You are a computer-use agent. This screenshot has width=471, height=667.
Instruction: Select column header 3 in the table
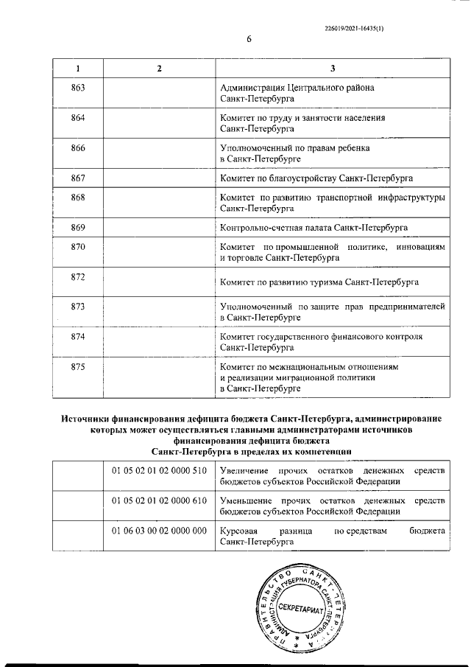333,69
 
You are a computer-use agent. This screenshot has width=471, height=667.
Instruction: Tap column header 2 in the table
158,69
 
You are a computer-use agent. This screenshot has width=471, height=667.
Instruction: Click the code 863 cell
79,88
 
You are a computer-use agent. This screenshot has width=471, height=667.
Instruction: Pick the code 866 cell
79,148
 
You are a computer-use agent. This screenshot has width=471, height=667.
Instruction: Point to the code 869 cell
79,227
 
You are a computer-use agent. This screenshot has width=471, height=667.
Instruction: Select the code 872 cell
79,276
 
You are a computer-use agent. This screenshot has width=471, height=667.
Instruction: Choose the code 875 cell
79,366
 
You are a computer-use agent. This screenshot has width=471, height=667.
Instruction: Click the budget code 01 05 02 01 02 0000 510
158,469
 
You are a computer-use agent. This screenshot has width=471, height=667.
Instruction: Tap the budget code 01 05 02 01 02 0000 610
158,500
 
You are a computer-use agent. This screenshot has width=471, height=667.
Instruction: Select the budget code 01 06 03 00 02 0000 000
158,531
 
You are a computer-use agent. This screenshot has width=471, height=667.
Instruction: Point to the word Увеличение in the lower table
244,469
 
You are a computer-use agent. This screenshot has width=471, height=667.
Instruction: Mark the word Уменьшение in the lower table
246,500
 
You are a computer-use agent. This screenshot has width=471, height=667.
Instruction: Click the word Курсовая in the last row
239,531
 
